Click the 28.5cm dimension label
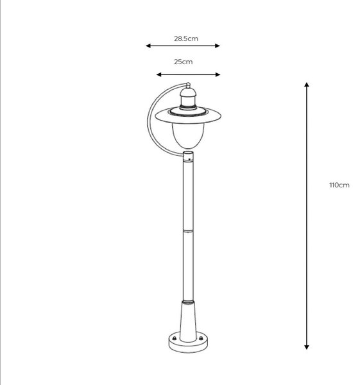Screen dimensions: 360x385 (x=186, y=38)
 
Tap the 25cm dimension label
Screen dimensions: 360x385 (x=183, y=62)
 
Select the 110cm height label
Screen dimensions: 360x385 (x=339, y=185)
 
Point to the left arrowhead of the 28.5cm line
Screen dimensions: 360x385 (x=148, y=46)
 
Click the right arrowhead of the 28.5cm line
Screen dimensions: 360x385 (x=218, y=46)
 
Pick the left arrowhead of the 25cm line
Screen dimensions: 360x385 (x=159, y=74)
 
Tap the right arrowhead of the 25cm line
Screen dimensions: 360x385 (x=218, y=74)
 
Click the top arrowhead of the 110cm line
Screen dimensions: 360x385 (x=307, y=85)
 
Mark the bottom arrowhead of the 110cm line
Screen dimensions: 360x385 (x=307, y=346)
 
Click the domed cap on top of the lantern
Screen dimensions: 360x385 (x=188, y=92)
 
